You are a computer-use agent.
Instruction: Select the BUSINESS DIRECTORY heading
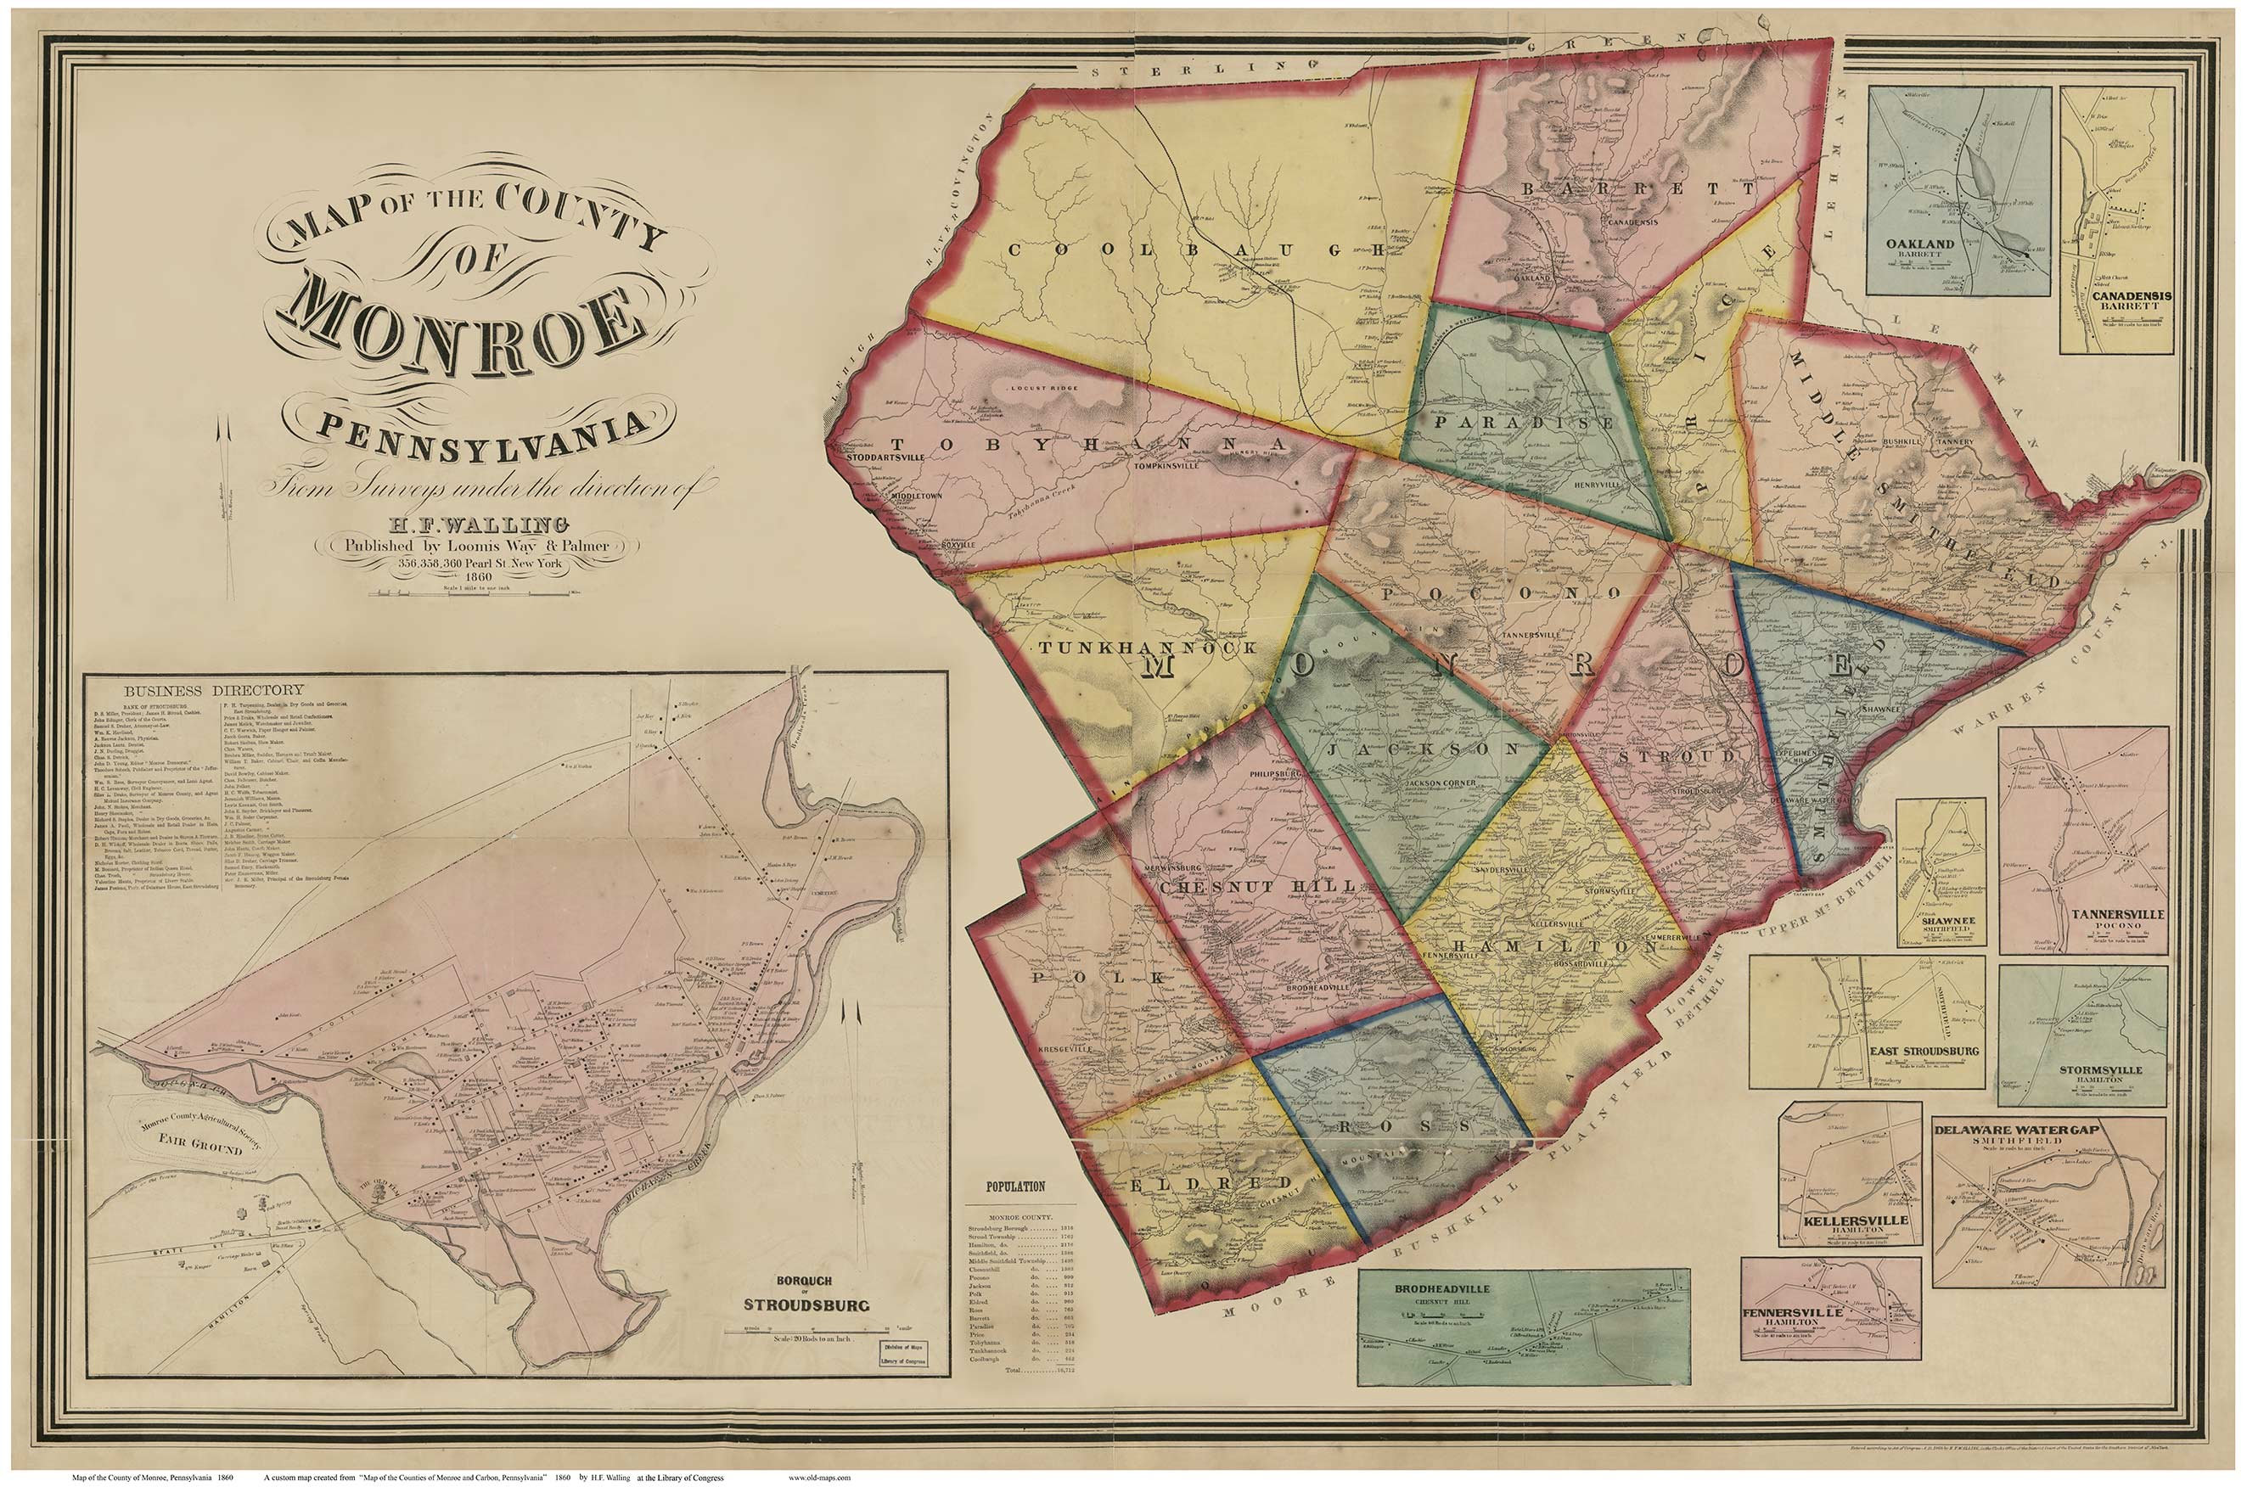(213, 690)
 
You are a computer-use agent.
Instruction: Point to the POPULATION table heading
(1015, 1187)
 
